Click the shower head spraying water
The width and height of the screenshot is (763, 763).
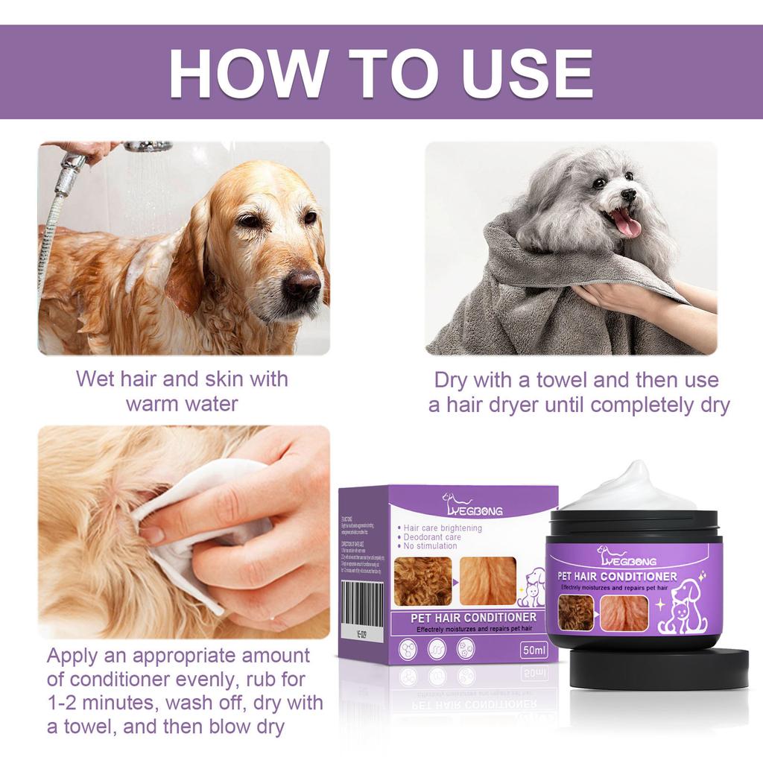148,147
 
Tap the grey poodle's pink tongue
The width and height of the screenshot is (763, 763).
627,223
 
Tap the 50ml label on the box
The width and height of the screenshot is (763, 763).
534,650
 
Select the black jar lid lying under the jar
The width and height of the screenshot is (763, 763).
659,668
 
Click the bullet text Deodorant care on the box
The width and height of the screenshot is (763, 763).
432,536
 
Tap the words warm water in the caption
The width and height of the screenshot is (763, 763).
182,405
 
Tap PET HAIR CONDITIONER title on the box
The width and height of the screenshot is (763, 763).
473,618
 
